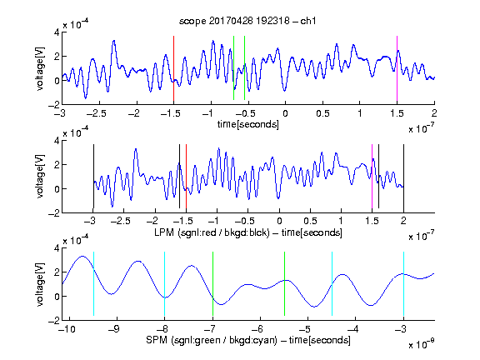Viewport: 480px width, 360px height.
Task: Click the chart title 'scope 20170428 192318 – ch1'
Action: click(247, 21)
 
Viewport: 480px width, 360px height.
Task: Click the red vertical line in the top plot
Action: click(173, 68)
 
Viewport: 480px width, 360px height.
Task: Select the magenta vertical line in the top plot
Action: click(397, 68)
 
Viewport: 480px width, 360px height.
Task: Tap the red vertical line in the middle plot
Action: click(186, 177)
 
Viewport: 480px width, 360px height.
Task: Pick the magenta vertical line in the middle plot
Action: click(372, 177)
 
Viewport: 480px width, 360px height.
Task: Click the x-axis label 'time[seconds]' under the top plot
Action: click(248, 124)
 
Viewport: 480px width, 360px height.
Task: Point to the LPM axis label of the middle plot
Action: click(248, 232)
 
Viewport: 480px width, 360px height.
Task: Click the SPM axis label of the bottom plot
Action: click(248, 340)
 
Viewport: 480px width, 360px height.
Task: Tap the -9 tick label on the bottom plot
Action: click(114, 329)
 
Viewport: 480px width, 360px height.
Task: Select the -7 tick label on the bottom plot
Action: click(209, 329)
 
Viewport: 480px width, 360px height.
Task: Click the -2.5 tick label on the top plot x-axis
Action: click(96, 113)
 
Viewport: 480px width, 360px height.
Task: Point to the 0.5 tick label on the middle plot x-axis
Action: click(310, 221)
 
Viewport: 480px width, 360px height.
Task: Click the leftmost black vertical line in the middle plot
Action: click(93, 177)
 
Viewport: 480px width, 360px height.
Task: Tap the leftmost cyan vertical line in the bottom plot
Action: click(93, 283)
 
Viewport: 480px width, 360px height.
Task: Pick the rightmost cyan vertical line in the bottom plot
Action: click(403, 283)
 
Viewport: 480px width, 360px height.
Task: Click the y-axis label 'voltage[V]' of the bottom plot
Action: click(40, 284)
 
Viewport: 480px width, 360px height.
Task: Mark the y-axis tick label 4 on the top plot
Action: click(57, 32)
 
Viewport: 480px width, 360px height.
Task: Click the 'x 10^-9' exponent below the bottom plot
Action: click(421, 344)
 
